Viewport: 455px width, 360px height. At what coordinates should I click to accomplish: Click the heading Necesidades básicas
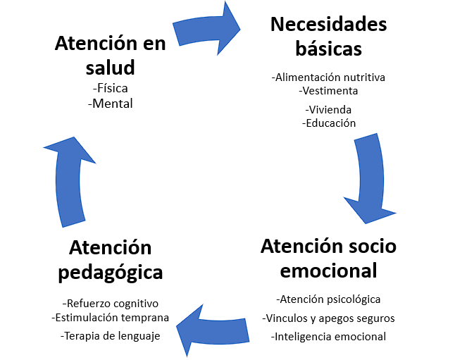pos(328,37)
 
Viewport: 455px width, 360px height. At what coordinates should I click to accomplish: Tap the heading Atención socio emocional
pos(328,258)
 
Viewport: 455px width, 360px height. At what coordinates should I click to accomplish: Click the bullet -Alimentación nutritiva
pos(328,77)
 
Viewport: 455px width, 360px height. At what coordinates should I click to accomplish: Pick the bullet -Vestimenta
pos(328,90)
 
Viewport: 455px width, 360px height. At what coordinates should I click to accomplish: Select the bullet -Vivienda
pos(328,109)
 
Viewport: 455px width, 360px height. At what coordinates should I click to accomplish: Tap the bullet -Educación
pos(328,123)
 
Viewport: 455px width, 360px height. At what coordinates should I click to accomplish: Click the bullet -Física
pos(111,89)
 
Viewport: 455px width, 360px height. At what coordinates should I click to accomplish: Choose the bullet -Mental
pos(111,103)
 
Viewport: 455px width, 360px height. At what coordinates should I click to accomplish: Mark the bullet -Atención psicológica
pos(328,299)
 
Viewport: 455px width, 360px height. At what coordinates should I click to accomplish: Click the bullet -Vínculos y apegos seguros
pos(328,318)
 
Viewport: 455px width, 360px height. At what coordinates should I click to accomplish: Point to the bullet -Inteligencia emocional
pos(328,336)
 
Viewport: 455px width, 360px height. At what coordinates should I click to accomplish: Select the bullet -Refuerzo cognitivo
pos(111,303)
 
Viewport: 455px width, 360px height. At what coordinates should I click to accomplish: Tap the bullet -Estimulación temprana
pos(111,317)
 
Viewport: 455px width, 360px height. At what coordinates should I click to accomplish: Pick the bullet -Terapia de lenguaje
pos(111,335)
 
